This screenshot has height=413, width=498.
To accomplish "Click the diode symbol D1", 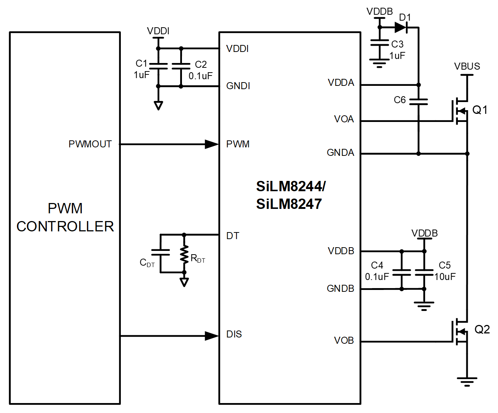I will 400,27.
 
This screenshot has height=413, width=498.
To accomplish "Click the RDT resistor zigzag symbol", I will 184,254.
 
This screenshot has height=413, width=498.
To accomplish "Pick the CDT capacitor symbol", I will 161,252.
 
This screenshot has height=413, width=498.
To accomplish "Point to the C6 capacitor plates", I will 418,102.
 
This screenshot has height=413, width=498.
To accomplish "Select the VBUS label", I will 467,66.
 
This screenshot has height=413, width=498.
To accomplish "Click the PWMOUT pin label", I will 90,144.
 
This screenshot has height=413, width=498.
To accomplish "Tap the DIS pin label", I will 234,334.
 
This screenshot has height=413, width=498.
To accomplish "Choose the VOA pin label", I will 344,119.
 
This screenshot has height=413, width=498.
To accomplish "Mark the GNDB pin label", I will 340,288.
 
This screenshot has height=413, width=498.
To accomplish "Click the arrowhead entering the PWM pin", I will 212,144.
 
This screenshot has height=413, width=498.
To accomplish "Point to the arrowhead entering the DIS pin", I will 212,336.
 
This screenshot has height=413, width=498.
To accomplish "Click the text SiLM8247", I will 289,204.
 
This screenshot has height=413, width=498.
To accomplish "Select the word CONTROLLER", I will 65,226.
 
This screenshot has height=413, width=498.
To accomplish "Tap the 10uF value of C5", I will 445,277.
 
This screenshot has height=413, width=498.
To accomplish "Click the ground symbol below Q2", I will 467,381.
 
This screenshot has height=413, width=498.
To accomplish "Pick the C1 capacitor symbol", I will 158,66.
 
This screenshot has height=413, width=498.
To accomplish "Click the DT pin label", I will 232,236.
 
